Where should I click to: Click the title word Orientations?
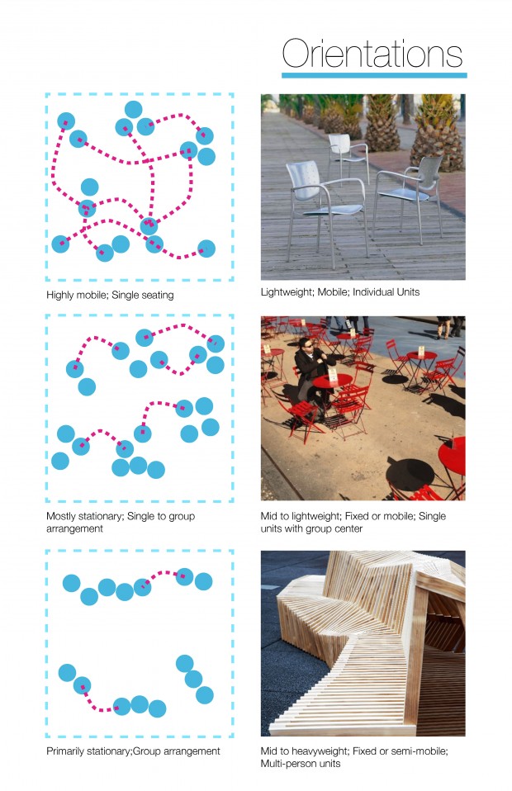pyautogui.click(x=372, y=54)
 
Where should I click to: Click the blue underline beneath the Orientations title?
pyautogui.click(x=374, y=75)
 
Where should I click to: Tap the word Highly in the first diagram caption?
pyautogui.click(x=60, y=294)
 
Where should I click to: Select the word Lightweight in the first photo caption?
pyautogui.click(x=286, y=291)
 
